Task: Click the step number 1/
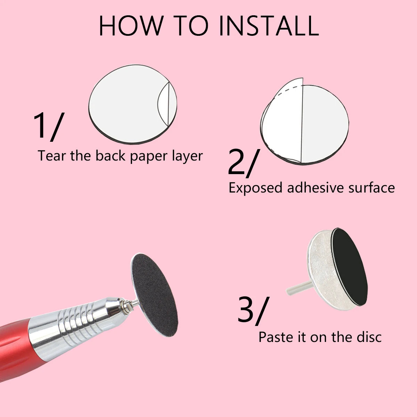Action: pyautogui.click(x=48, y=126)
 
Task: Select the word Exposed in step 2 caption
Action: pyautogui.click(x=255, y=188)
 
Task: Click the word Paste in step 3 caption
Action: pyautogui.click(x=275, y=337)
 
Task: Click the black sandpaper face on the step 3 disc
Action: pyautogui.click(x=349, y=266)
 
